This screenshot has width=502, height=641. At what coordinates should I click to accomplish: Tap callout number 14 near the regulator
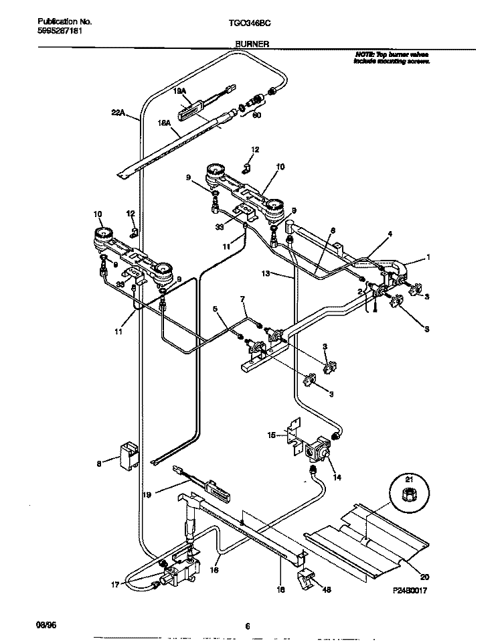click(336, 477)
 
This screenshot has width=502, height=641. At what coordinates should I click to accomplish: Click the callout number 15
click(272, 435)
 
